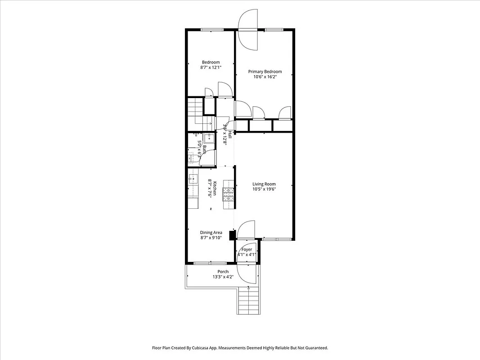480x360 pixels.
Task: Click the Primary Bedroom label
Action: pos(265,72)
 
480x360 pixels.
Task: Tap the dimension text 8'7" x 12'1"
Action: pos(211,67)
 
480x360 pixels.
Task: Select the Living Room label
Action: pos(264,184)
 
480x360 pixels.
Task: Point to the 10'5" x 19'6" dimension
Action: pos(264,189)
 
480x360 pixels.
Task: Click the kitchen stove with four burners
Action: pos(229,193)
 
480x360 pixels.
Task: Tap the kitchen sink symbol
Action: pos(193,179)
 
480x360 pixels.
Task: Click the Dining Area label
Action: pos(211,233)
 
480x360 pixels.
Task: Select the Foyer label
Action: pos(247,249)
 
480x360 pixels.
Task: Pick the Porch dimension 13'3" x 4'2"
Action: pos(223,277)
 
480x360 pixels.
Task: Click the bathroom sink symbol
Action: pos(209,139)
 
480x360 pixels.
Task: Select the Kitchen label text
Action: pos(215,188)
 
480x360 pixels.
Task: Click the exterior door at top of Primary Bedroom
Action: pos(249,30)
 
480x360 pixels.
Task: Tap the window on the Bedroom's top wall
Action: pos(211,30)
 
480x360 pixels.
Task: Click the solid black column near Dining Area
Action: pos(232,235)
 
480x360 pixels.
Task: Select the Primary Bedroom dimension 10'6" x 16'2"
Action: pos(265,77)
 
